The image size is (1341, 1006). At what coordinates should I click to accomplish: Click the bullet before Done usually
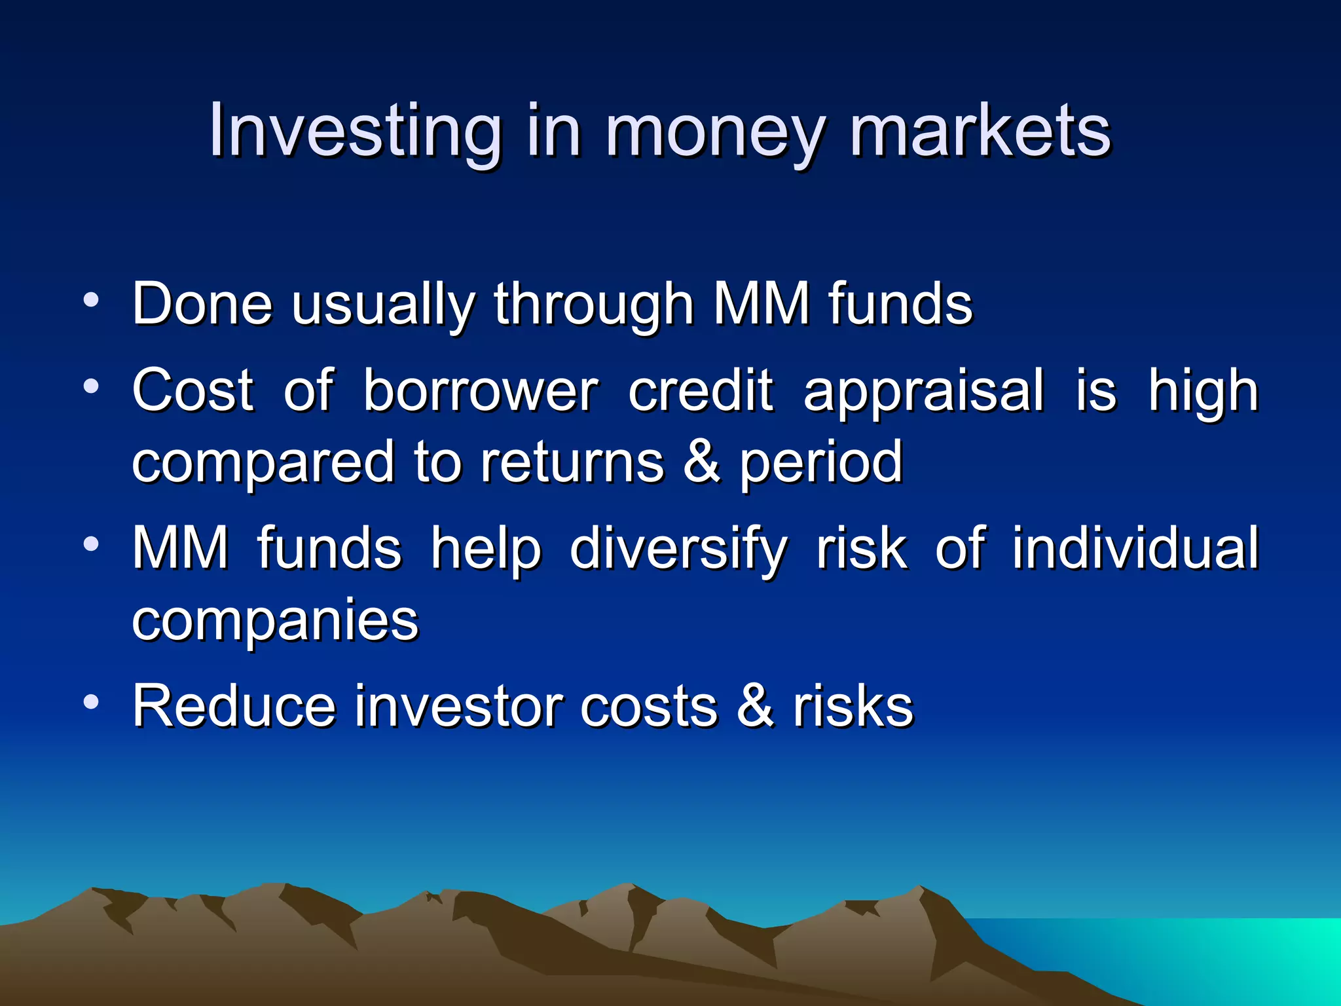point(91,301)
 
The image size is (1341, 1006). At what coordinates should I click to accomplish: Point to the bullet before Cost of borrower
point(91,386)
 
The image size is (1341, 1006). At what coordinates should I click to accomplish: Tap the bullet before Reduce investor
point(91,702)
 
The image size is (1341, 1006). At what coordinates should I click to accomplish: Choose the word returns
point(572,461)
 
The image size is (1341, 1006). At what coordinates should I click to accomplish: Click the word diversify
point(678,549)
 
